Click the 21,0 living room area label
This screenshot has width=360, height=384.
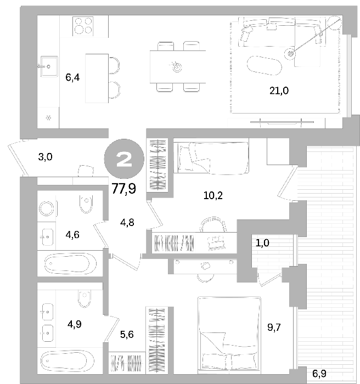279,91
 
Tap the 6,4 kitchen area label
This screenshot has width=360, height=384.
72,78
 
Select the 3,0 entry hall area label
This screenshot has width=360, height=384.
46,157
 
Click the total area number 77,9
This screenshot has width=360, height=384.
124,189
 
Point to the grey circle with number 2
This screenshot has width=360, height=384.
124,159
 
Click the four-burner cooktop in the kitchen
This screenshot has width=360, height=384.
83,26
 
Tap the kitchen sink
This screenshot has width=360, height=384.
49,66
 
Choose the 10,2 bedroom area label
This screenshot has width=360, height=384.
213,196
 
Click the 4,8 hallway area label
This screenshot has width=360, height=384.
127,223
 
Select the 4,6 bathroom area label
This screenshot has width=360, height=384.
72,235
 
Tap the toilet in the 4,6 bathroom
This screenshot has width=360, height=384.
86,204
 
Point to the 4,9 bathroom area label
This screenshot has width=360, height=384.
75,324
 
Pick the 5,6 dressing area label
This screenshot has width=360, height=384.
127,334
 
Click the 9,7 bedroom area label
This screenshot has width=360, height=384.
274,327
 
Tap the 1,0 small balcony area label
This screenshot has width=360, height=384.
262,243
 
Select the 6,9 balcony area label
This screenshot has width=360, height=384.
319,374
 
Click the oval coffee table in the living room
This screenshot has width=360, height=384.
265,65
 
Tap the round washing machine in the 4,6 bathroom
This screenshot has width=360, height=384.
47,208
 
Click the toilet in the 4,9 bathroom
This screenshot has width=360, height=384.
85,298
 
